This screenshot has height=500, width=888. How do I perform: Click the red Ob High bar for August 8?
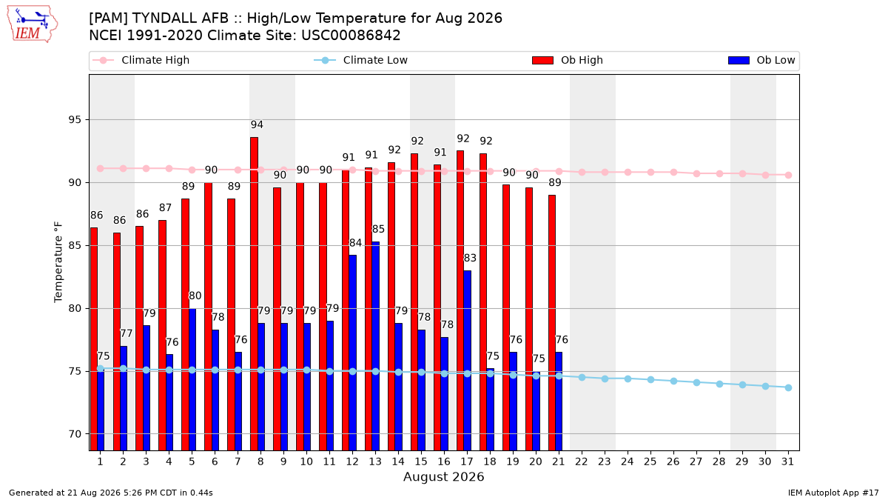(x=254, y=293)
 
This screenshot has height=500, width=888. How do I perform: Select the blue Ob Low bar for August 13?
(x=375, y=346)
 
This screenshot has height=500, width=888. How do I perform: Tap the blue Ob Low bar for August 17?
(x=468, y=360)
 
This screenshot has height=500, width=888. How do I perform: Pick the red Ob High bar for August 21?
(x=552, y=323)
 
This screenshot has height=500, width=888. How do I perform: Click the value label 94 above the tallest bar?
(x=257, y=124)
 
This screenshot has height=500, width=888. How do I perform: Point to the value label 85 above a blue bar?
(x=378, y=229)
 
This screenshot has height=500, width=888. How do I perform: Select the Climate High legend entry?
(x=141, y=60)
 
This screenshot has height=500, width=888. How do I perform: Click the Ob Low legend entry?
(x=761, y=60)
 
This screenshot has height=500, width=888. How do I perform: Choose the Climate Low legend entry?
(x=361, y=60)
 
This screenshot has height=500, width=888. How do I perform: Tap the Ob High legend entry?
(x=568, y=60)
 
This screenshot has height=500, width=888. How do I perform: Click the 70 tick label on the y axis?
(x=75, y=434)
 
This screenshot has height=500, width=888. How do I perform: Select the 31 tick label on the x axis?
(x=787, y=461)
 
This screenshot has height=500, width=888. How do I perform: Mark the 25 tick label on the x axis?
(x=650, y=461)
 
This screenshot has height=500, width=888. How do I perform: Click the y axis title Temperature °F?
(x=58, y=262)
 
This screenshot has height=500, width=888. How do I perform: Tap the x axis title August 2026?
(x=443, y=476)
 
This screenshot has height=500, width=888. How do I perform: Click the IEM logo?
(x=32, y=24)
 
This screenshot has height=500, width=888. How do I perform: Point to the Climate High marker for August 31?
(x=788, y=175)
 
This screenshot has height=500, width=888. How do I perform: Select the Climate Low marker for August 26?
(x=673, y=381)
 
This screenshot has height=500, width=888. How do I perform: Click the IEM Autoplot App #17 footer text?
(x=833, y=493)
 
